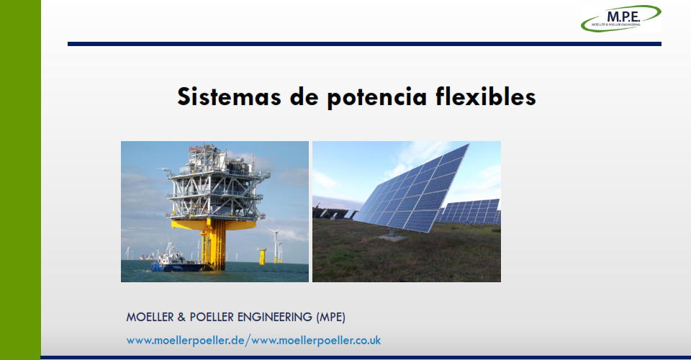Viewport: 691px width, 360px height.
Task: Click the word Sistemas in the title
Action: click(229, 96)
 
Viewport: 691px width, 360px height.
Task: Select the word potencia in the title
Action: click(377, 98)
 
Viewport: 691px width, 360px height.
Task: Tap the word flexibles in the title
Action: click(486, 96)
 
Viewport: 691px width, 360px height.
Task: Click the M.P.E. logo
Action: click(621, 19)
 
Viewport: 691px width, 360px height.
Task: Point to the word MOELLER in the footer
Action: click(150, 318)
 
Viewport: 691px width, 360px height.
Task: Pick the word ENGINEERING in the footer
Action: click(275, 318)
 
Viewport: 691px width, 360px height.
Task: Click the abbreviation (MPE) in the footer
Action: click(330, 318)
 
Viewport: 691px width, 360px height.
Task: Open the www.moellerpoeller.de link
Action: click(186, 341)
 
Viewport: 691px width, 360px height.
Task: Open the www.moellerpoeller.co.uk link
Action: click(316, 341)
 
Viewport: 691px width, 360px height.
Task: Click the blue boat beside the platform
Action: click(176, 261)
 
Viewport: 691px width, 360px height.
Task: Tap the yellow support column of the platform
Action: click(214, 245)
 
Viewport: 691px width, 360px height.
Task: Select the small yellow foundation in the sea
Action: click(262, 256)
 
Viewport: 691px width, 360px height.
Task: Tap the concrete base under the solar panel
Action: click(392, 238)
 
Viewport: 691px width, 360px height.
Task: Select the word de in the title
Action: click(304, 96)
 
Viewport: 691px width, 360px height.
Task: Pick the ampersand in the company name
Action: click(181, 318)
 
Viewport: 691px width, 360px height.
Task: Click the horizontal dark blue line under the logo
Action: click(364, 44)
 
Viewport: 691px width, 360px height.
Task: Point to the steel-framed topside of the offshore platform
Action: click(216, 183)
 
